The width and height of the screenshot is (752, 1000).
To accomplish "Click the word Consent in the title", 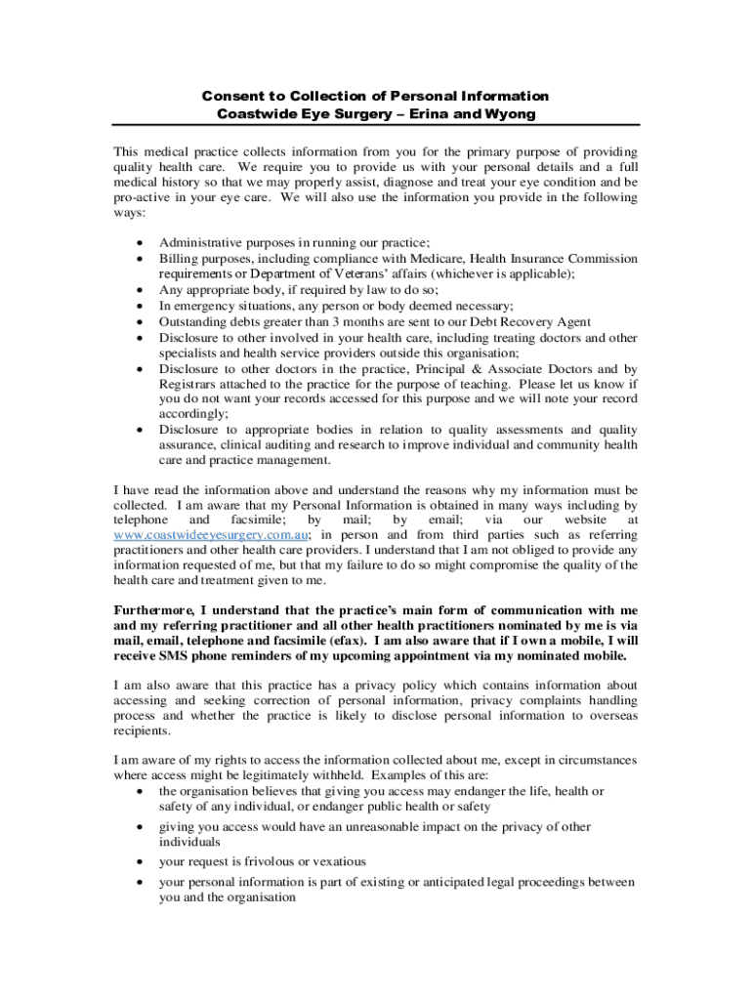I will pos(232,96).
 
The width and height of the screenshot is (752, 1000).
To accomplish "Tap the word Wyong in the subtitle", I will pos(510,114).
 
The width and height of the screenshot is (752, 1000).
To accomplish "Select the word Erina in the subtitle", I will pos(427,114).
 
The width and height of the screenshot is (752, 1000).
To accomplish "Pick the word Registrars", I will pos(191,384).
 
